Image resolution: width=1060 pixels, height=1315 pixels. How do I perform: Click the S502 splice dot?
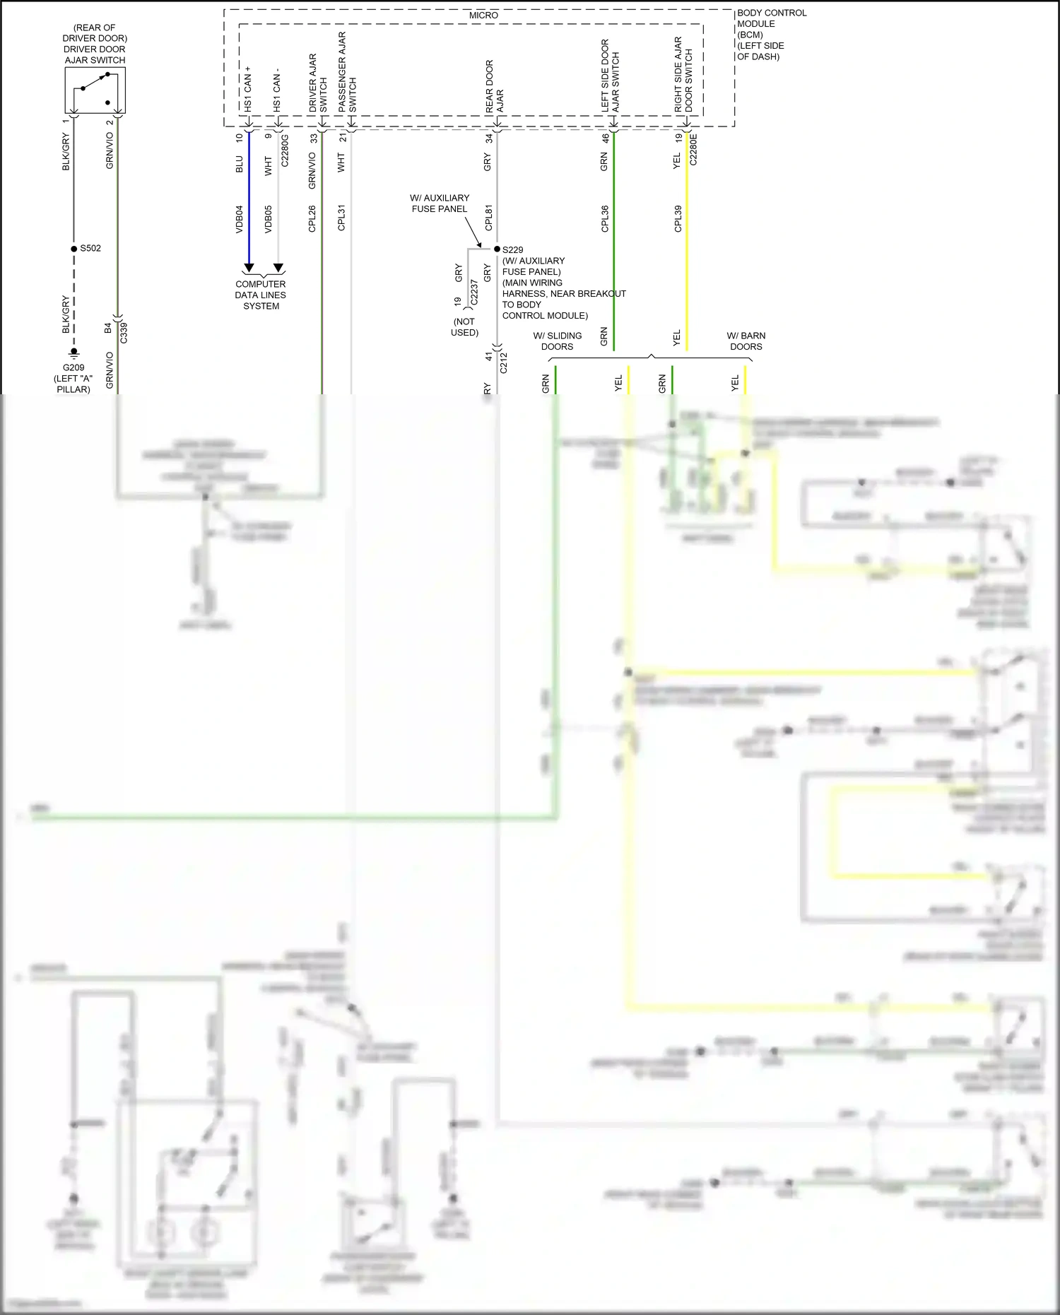73,249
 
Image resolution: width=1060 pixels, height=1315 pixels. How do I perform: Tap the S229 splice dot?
497,249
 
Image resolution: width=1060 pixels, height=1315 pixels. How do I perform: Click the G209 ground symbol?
73,353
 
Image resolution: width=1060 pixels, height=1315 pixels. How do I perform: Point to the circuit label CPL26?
312,218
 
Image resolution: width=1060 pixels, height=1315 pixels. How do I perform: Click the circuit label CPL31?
341,218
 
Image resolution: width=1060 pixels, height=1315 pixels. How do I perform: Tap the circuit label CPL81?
488,218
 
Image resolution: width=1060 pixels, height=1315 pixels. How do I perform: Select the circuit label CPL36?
605,218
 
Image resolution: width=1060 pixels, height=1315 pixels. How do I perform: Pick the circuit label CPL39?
678,218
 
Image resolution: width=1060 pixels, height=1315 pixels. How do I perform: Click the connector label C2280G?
285,151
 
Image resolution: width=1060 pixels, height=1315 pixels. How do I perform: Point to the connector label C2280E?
693,149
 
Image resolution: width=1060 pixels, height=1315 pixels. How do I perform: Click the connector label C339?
124,333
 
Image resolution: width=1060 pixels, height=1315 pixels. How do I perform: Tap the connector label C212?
504,363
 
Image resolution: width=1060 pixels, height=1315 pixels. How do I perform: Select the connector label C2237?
474,292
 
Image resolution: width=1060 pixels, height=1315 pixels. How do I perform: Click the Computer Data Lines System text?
261,295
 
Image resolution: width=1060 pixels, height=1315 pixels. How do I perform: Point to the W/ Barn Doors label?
746,341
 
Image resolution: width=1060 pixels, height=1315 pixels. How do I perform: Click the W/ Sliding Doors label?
558,341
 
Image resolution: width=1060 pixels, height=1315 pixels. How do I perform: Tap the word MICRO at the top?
483,16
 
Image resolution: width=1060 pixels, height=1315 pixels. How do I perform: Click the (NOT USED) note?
464,326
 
